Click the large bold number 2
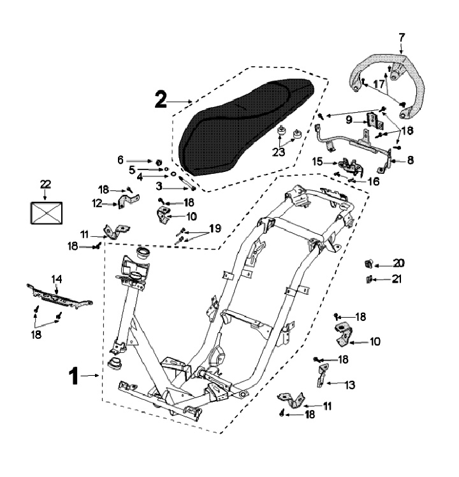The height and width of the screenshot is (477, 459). [161, 99]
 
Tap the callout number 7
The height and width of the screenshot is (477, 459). [401, 36]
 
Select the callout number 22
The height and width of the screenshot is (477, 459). [45, 183]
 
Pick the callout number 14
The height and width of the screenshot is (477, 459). [57, 278]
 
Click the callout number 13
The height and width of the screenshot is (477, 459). [351, 385]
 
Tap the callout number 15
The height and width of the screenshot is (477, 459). [317, 162]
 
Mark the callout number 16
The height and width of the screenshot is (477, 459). [372, 182]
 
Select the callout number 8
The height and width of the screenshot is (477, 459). [410, 161]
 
